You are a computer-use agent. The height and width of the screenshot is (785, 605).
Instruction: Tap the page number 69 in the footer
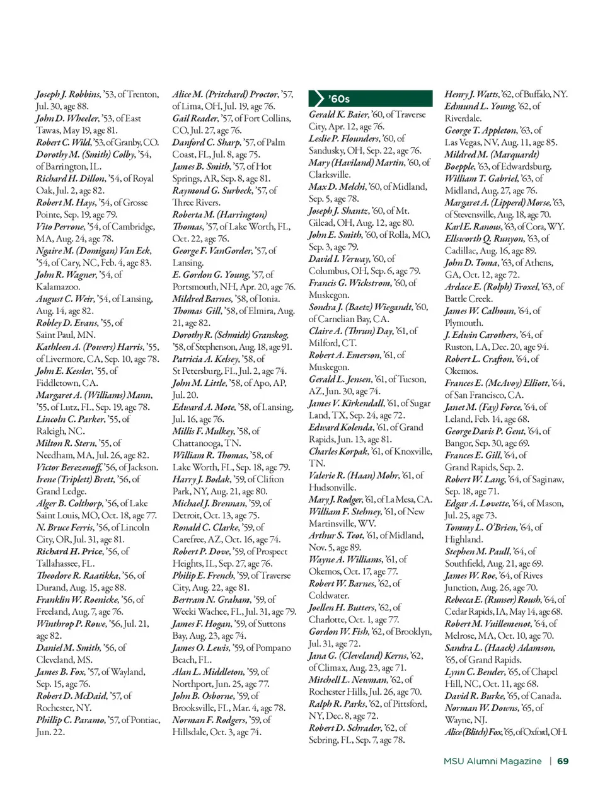coord(563,761)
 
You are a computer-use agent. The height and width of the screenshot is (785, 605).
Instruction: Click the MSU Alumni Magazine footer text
coord(492,761)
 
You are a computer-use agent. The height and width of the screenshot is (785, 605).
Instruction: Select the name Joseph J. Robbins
coord(67,95)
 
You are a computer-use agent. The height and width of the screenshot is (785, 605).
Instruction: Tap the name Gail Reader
coord(195,119)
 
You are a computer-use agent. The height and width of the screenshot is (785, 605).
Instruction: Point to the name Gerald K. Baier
coord(338,114)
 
